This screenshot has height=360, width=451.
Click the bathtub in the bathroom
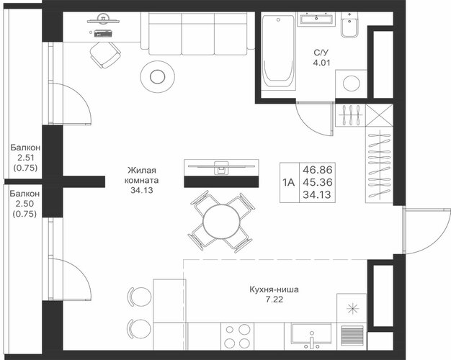[x=278, y=51]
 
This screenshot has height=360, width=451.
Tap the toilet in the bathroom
[x=349, y=25]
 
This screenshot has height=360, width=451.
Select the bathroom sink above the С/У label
[x=316, y=19]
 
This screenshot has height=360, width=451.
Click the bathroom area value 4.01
[x=321, y=63]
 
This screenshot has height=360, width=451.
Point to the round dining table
[x=221, y=222]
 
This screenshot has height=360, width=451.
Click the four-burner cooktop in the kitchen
[x=237, y=336]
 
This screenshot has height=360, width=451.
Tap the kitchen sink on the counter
[x=311, y=335]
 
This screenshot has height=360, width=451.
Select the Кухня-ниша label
[x=274, y=289]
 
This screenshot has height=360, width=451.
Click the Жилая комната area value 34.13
[x=142, y=190]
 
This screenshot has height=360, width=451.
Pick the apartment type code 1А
[x=288, y=182]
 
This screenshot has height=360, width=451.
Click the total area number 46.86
[x=318, y=170]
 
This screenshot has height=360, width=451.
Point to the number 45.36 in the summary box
[x=318, y=182]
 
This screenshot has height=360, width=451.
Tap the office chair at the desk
[x=105, y=55]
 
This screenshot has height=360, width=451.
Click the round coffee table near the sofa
[x=157, y=76]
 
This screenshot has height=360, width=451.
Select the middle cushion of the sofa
[x=198, y=34]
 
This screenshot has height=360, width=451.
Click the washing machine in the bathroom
[x=351, y=84]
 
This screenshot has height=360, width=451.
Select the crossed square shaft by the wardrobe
[x=380, y=115]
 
